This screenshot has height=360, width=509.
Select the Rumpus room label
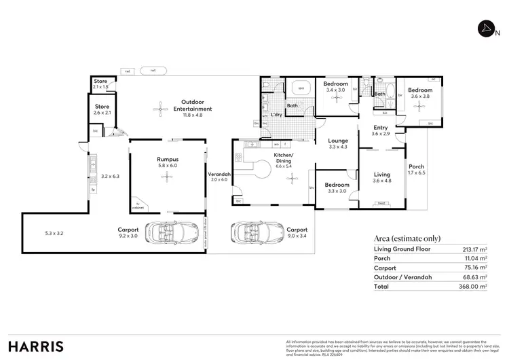tap(167, 160)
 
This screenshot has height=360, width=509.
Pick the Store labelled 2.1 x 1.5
tap(100, 84)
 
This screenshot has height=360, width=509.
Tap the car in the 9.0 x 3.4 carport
tap(250, 234)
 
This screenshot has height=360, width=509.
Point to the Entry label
tap(381, 128)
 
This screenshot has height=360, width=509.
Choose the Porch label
tap(415, 166)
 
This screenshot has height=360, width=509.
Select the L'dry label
tap(276, 114)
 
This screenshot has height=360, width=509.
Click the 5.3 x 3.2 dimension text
tap(54, 233)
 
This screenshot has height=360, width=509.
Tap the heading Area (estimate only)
tap(407, 238)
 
